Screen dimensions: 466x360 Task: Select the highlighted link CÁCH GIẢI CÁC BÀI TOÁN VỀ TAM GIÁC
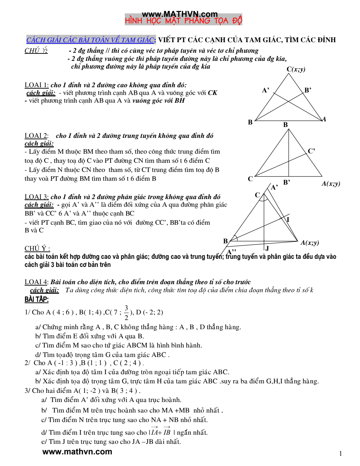click(x=91, y=40)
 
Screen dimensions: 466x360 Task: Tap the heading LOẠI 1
click(x=37, y=85)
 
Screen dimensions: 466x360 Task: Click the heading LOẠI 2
click(x=37, y=136)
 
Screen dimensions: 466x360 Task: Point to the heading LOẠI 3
click(x=37, y=197)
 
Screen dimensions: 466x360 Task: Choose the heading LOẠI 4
click(x=37, y=282)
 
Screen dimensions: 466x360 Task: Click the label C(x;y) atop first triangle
click(x=296, y=69)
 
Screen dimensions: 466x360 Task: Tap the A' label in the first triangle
click(x=266, y=90)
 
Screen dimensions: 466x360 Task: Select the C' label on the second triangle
click(x=311, y=151)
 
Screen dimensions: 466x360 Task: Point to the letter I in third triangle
click(x=288, y=220)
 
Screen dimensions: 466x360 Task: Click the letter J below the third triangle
click(x=267, y=248)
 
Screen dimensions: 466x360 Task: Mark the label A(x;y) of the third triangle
click(x=310, y=243)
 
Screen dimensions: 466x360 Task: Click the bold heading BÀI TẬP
click(x=37, y=299)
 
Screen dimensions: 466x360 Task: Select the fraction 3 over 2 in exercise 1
click(x=127, y=312)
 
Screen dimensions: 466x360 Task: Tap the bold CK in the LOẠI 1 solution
click(x=212, y=93)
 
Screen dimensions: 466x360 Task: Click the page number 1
click(x=340, y=453)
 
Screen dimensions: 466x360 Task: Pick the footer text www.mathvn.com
click(x=77, y=452)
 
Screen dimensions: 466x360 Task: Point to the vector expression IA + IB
click(x=161, y=432)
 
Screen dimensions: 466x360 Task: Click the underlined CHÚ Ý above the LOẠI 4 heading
click(x=37, y=248)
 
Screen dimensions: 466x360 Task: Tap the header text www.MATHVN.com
click(x=180, y=14)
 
